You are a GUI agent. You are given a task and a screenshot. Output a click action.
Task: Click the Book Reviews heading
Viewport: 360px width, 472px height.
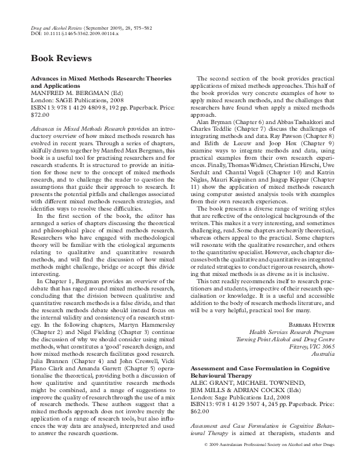coord(61,59)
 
